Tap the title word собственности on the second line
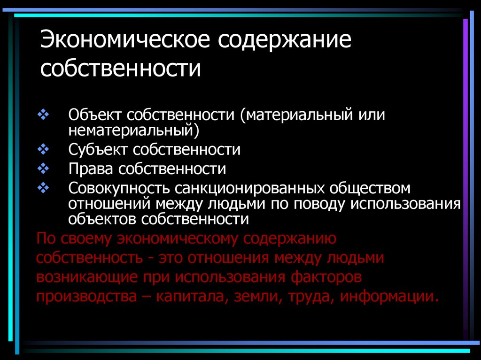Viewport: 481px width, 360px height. [x=121, y=69]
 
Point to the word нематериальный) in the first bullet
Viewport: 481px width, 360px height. [x=134, y=130]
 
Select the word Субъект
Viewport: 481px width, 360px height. [x=98, y=150]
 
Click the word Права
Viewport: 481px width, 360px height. [x=91, y=169]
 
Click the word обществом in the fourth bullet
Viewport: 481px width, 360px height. [x=370, y=188]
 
